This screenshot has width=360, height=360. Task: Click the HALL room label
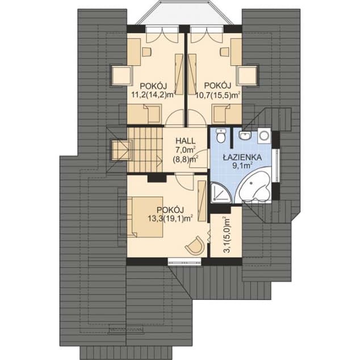185,140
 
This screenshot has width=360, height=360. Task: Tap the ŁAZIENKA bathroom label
242,157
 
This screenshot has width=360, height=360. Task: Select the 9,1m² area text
242,166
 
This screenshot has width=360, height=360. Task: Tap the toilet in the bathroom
221,135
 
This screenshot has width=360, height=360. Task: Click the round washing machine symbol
264,136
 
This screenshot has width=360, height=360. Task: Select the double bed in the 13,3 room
145,217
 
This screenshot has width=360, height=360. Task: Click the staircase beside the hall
145,149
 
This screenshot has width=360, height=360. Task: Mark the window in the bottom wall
185,261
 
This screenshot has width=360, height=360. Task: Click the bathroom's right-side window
277,166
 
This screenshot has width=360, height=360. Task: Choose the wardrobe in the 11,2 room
179,74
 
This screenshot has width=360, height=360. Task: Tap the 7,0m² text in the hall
186,149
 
